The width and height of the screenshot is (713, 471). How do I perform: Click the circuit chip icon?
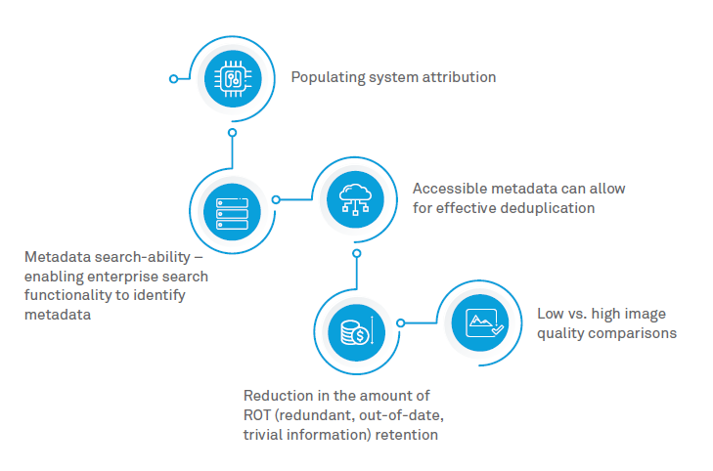coord(233,78)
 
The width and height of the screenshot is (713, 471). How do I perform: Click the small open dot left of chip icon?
coord(174,78)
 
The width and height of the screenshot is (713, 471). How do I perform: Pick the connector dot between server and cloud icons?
coord(276,199)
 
